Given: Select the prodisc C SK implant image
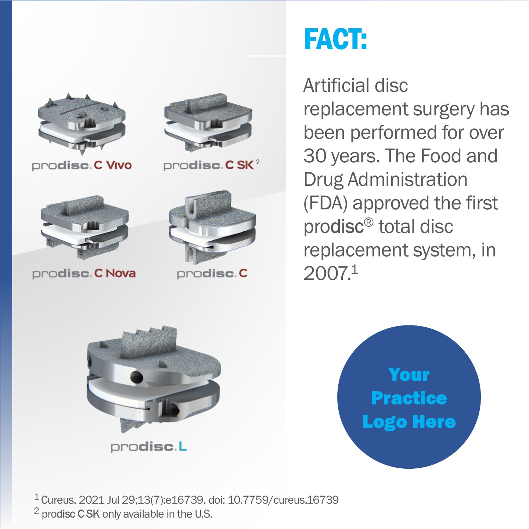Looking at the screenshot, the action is pyautogui.click(x=208, y=123).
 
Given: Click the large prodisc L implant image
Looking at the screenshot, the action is pyautogui.click(x=154, y=379).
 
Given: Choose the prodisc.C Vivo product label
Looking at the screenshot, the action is pyautogui.click(x=82, y=166).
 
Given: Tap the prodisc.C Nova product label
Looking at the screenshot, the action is pyautogui.click(x=84, y=273).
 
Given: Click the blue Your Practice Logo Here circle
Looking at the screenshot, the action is pyautogui.click(x=409, y=397).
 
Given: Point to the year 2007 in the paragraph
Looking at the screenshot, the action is pyautogui.click(x=327, y=274).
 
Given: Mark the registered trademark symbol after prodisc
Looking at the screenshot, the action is pyautogui.click(x=369, y=222).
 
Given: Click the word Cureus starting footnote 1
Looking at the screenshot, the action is pyautogui.click(x=58, y=500).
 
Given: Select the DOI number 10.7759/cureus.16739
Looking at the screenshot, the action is pyautogui.click(x=283, y=500).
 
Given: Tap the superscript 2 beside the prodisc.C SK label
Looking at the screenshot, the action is pyautogui.click(x=258, y=161).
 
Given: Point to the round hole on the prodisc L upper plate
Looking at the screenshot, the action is pyautogui.click(x=136, y=377).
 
